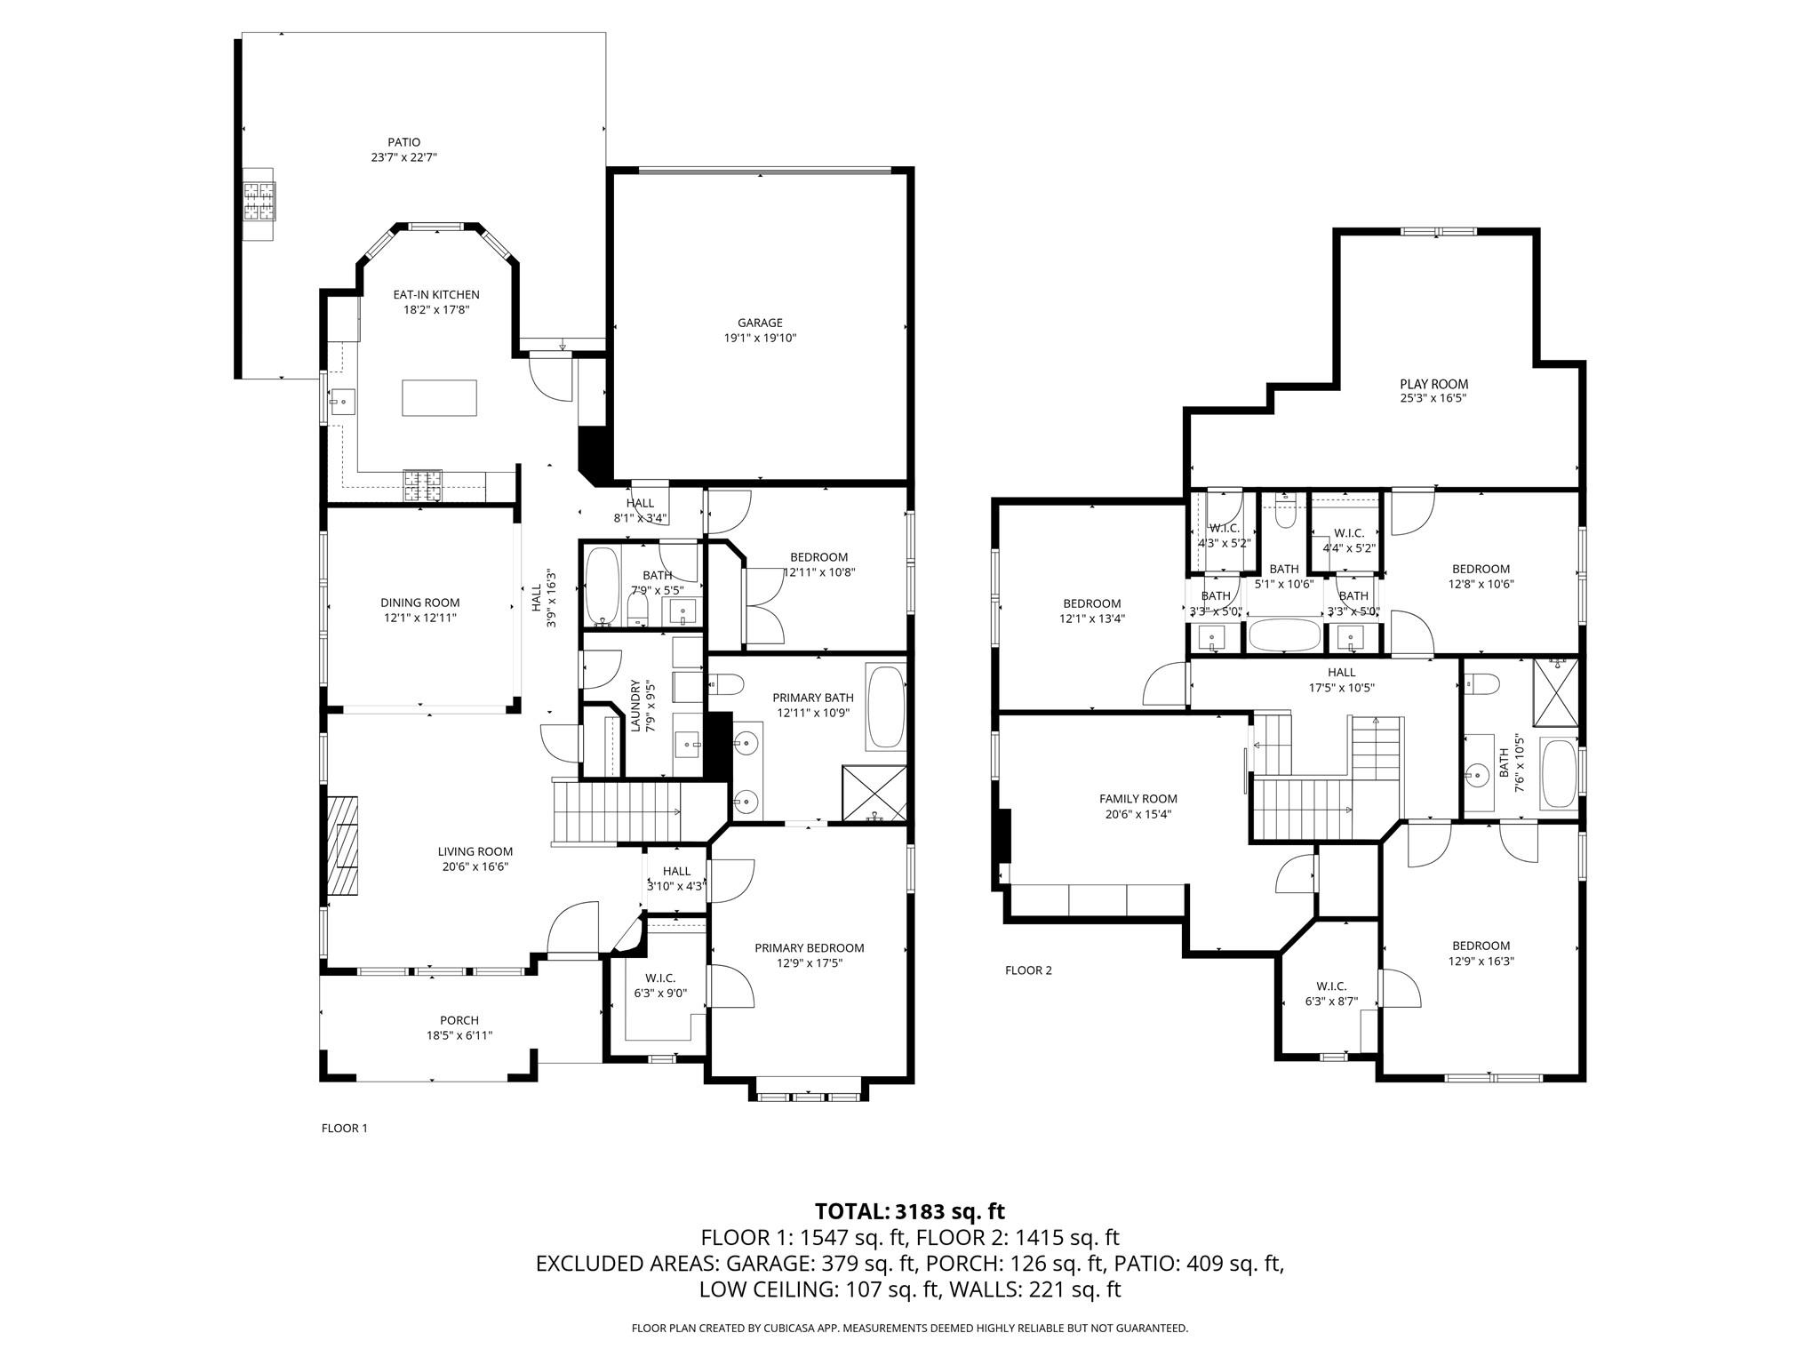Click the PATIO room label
click(403, 142)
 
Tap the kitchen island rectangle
click(439, 397)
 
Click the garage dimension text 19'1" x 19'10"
click(760, 338)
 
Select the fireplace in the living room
click(343, 847)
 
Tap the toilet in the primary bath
click(728, 685)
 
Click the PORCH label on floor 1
click(459, 1020)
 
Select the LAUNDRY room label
click(635, 706)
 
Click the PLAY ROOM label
click(1433, 384)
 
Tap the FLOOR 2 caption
click(1028, 970)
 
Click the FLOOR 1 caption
click(344, 1129)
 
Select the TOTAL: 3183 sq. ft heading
click(909, 1211)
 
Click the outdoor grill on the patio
click(260, 201)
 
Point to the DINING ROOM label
click(420, 603)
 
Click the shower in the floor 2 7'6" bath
click(1556, 691)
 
